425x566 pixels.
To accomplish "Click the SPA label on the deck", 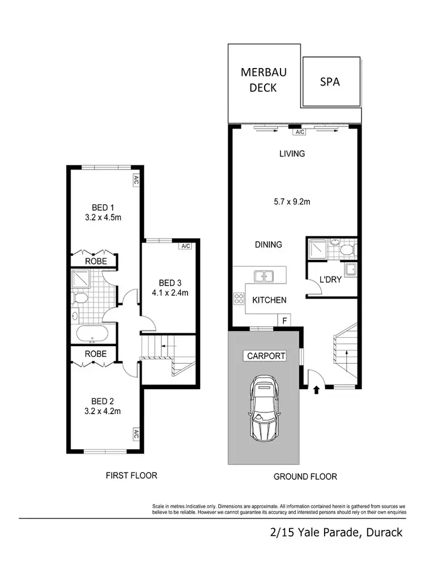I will [330, 82].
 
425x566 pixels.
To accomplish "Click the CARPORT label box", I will [265, 356].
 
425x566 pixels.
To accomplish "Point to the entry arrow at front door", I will [316, 389].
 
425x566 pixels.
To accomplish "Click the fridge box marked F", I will [284, 321].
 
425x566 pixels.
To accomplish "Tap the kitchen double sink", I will [264, 276].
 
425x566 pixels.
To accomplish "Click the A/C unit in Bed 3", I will [185, 246].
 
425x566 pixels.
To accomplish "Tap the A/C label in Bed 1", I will [136, 181].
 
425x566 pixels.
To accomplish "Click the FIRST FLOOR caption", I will [131, 475].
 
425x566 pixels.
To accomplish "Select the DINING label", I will [268, 245].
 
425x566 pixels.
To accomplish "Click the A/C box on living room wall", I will [299, 132].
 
